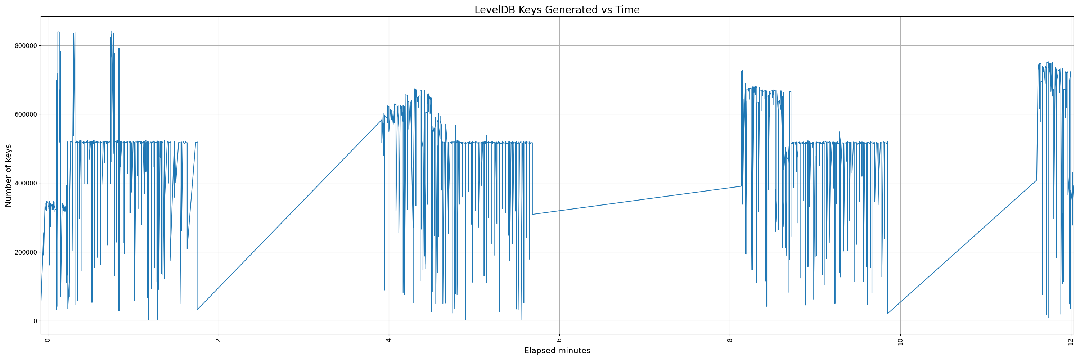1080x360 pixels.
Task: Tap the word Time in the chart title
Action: (x=627, y=10)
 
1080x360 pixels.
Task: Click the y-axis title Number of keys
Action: (x=8, y=175)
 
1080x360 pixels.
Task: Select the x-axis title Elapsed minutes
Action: (x=557, y=351)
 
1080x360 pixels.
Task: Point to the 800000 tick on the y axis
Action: (x=25, y=46)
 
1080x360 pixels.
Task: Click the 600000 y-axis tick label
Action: (x=25, y=114)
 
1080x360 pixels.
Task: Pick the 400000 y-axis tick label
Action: (x=25, y=183)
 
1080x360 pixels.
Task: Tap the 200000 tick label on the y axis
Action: (x=25, y=252)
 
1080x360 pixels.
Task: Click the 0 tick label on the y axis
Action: (x=35, y=321)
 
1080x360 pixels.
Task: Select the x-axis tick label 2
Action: (x=218, y=340)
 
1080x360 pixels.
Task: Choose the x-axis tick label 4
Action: (x=389, y=340)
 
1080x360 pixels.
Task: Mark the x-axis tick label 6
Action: (x=559, y=340)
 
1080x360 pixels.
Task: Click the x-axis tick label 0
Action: (x=48, y=340)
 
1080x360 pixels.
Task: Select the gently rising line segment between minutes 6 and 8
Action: (x=637, y=200)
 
